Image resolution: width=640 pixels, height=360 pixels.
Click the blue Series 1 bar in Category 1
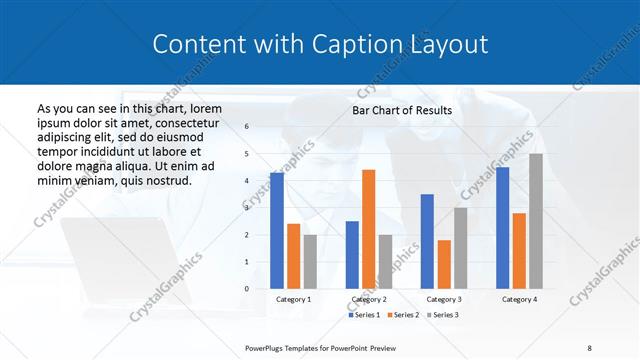point(276,230)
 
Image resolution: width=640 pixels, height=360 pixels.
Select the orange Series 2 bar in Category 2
point(368,229)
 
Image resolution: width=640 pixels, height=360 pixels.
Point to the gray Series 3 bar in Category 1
point(310,261)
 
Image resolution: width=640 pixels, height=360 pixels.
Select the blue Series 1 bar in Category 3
point(427,241)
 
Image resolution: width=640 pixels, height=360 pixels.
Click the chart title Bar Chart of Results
point(402,110)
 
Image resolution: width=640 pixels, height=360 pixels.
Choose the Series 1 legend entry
point(363,315)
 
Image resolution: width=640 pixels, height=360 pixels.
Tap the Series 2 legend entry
point(403,315)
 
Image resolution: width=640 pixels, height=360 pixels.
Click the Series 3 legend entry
point(442,315)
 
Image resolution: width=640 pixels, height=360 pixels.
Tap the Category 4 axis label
point(519,299)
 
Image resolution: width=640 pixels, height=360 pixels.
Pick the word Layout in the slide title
point(447,44)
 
